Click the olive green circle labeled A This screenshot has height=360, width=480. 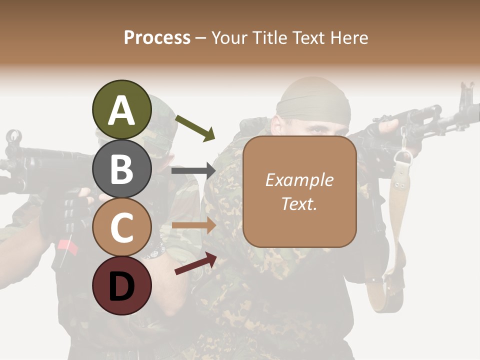pos(121,109)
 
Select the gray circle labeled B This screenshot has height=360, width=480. pos(121,168)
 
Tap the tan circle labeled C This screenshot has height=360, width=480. pos(121,227)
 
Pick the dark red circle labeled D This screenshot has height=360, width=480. pos(121,285)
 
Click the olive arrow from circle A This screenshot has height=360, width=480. pos(195,128)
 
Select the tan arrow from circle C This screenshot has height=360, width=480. pos(194,225)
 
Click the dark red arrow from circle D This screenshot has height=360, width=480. pos(195,263)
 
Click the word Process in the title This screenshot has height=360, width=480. pos(157,37)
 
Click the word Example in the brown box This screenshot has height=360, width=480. pos(299,180)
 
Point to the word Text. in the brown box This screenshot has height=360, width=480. pos(299,203)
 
